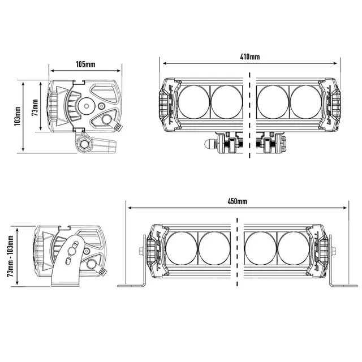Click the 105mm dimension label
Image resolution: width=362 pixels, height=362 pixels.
coord(85,64)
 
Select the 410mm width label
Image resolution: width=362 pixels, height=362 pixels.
coord(249,57)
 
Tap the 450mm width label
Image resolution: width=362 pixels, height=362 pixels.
coord(237,201)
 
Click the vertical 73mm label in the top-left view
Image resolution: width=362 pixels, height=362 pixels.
coord(35,107)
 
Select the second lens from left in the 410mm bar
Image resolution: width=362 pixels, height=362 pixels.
coord(226,102)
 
